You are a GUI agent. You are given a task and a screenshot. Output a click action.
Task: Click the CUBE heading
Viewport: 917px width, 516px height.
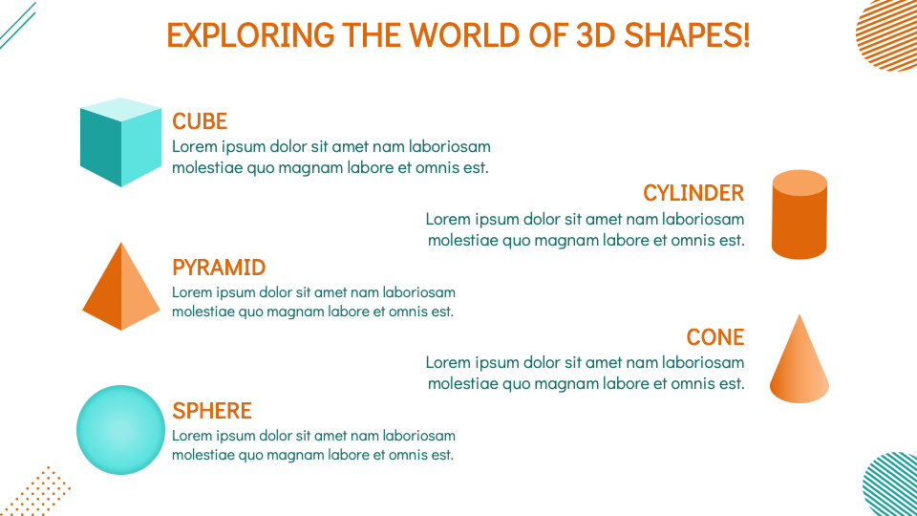coord(200,121)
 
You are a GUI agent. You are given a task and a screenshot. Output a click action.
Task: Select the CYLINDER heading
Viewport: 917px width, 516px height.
coord(693,193)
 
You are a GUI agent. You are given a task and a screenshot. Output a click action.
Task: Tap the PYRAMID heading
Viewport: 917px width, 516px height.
coord(219,268)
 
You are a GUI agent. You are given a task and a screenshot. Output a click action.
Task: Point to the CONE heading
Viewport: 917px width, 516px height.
coord(714,337)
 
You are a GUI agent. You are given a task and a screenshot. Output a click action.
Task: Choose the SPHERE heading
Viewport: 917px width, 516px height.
coord(212,411)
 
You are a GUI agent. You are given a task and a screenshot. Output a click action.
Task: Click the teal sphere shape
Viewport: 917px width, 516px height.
coord(121,430)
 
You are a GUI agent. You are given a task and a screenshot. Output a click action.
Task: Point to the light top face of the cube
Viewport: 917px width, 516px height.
coord(121,108)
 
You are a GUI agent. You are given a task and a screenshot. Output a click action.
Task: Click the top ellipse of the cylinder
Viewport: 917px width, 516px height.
coord(800,183)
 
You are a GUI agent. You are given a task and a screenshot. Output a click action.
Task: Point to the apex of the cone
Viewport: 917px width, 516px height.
coord(799,316)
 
